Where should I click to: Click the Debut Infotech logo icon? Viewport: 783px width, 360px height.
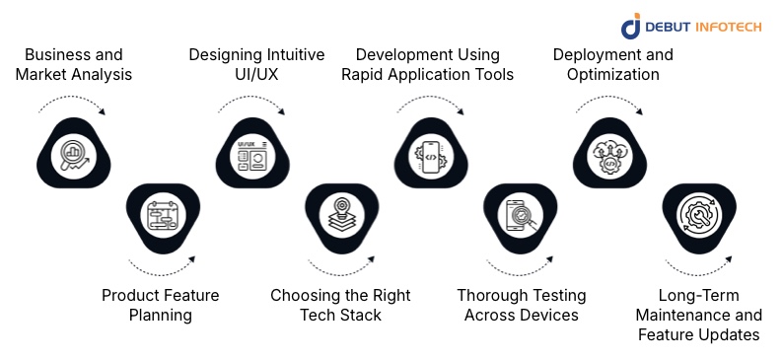pos(631,28)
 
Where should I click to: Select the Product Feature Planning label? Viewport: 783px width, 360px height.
pos(161,305)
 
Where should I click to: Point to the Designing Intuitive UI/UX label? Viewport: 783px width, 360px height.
pos(256,64)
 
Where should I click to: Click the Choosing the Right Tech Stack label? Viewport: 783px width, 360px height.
pos(340,305)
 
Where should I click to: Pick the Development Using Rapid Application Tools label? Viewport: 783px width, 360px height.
pos(427,64)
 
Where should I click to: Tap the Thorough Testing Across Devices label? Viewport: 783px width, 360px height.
pos(521,305)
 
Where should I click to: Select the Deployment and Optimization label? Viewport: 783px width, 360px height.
pos(612,64)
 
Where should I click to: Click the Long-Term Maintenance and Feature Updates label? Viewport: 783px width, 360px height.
pos(698,315)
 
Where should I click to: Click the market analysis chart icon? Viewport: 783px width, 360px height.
pos(71,154)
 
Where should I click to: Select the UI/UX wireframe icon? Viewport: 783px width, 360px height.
pos(251,154)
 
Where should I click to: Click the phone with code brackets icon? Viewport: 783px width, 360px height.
pos(431,154)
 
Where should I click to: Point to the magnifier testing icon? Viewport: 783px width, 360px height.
pos(521,214)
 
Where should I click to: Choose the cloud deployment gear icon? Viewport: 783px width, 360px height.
pos(610,154)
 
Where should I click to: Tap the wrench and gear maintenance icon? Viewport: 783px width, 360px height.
pos(699,214)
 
